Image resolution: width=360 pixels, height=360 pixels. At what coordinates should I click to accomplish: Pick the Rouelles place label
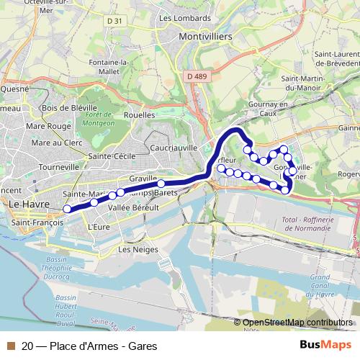(140, 114)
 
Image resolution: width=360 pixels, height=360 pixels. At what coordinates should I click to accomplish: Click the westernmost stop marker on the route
(67, 209)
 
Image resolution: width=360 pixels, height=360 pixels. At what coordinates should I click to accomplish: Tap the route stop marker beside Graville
(161, 184)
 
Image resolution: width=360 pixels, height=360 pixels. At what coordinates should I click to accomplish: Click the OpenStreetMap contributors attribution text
(298, 323)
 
